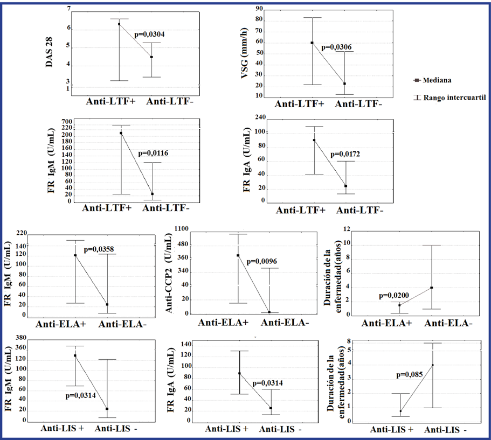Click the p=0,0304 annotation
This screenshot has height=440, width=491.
point(149,34)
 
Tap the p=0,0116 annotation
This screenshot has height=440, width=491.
point(153,153)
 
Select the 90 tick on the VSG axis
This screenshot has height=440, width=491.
point(259,9)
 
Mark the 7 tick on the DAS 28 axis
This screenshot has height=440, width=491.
point(68,9)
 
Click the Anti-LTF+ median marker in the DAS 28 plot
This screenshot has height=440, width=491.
point(119,24)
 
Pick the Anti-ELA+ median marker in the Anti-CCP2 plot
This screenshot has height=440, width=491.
point(238,256)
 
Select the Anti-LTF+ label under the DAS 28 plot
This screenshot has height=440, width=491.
point(111,101)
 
